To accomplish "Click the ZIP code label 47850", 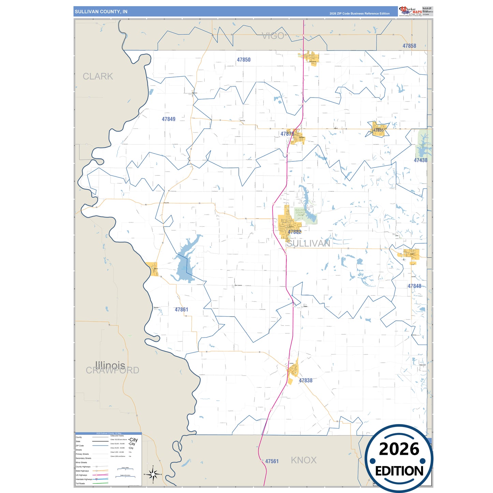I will (244, 60).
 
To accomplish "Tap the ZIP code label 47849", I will (169, 119).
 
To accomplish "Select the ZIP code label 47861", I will (181, 309).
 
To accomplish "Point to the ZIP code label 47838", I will (305, 380).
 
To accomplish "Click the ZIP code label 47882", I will (294, 232).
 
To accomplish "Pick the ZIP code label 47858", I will (409, 46).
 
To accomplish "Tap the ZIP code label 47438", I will (420, 160).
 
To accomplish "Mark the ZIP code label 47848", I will (414, 286).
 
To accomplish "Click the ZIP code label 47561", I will (272, 461).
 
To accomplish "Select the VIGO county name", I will (273, 36).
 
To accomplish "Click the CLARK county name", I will (98, 76).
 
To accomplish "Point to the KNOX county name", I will (304, 460).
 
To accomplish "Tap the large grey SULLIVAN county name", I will (308, 243).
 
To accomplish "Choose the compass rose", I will (153, 474).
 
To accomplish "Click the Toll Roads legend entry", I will (81, 483).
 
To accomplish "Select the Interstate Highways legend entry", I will (84, 479).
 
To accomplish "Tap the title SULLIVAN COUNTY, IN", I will (101, 12).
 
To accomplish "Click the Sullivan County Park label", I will (300, 213).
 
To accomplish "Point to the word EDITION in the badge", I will (399, 471).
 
